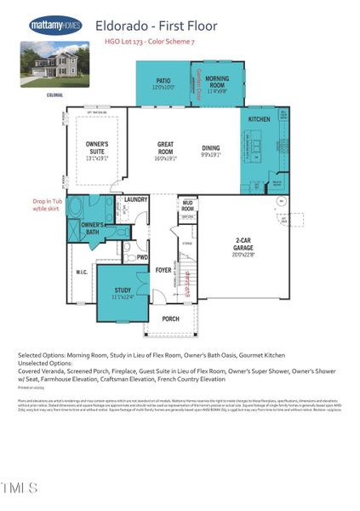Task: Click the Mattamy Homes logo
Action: tap(55, 25)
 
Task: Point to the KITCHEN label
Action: tap(260, 120)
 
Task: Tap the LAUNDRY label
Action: tap(136, 200)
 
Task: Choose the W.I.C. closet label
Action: tap(82, 273)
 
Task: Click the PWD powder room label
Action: tap(142, 257)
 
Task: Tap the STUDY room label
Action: tap(123, 294)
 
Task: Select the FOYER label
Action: tap(163, 271)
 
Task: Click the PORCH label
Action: tap(170, 319)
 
